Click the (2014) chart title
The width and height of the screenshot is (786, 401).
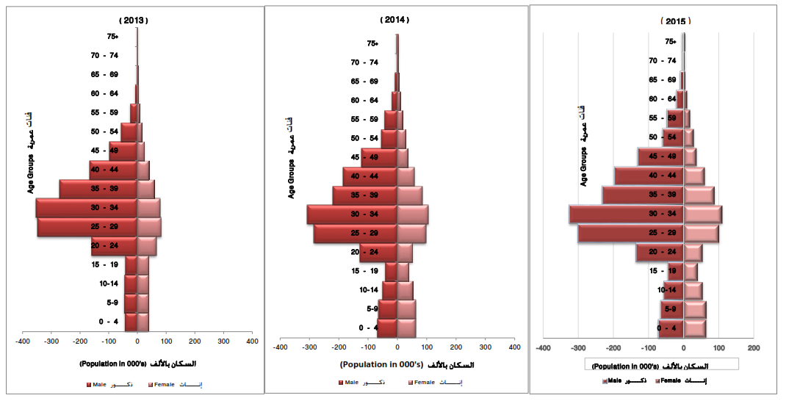click(x=395, y=20)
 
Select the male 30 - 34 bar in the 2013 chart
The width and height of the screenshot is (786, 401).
click(x=87, y=208)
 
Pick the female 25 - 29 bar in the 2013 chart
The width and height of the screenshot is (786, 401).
click(x=149, y=227)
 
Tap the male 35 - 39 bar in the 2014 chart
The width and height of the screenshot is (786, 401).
click(x=365, y=195)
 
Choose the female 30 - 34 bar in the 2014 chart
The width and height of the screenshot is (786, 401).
click(x=412, y=214)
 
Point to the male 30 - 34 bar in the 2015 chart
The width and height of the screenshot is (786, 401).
click(x=627, y=214)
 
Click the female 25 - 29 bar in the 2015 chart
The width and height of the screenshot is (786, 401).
click(x=701, y=234)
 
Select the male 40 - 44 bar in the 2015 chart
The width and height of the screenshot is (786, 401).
click(x=649, y=176)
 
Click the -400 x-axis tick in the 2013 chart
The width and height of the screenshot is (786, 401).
click(x=22, y=342)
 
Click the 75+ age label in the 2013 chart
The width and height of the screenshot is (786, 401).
click(x=112, y=37)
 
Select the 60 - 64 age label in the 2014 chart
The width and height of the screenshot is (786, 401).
click(x=365, y=101)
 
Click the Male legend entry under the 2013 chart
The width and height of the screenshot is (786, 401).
click(x=101, y=384)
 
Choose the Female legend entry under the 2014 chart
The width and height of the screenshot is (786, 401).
click(x=424, y=382)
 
